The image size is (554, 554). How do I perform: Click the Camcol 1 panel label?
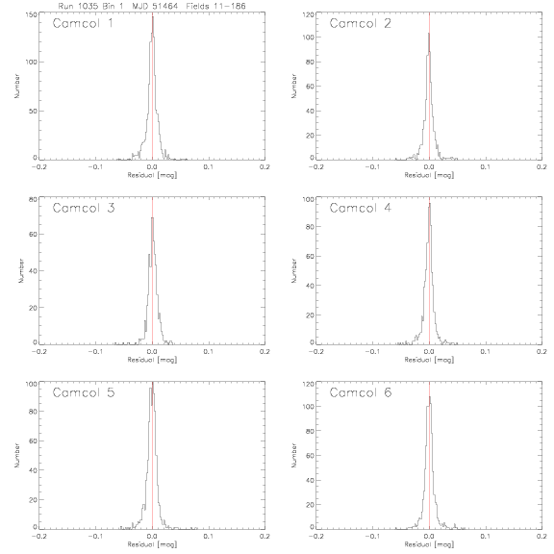pos(83,23)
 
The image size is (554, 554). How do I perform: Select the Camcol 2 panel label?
pos(360,23)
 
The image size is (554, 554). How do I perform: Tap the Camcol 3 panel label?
pos(84,208)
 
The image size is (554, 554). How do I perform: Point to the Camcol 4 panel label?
pos(360,208)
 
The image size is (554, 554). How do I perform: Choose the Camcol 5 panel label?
pos(84,392)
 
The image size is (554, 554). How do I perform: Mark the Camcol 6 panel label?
pos(361,392)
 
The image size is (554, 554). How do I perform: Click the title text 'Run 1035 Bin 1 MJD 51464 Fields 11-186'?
pos(152,6)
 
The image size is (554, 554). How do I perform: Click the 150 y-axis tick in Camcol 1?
pos(31,14)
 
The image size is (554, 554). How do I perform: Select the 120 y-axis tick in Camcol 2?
pos(309,14)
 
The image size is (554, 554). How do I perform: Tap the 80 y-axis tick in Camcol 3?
pos(33,199)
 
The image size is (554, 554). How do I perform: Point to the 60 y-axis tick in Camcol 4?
pos(310,256)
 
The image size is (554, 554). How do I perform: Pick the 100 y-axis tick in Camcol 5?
pos(31,384)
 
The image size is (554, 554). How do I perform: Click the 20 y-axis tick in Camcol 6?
pos(310,505)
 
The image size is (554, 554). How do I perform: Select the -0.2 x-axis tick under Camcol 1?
pos(38,167)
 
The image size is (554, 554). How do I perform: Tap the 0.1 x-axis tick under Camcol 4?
pos(486,352)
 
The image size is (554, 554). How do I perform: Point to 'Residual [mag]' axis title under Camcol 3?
pos(152,360)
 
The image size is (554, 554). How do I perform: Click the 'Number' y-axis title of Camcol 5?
pos(16,456)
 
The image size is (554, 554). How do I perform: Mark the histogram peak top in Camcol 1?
pos(153,16)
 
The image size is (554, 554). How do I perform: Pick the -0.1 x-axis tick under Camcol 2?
pos(372,167)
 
